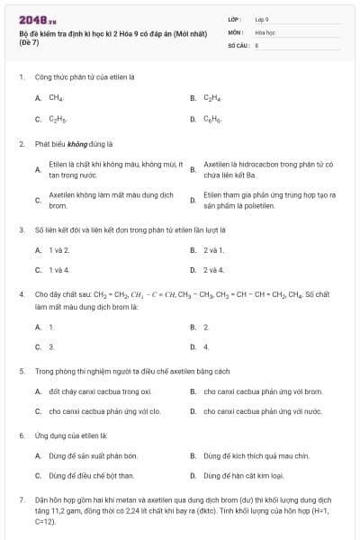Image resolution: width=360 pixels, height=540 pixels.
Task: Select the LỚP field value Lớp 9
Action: point(262,19)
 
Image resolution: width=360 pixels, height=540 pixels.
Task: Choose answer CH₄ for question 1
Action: point(56,97)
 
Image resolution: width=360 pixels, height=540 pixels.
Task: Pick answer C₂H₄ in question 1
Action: point(212,97)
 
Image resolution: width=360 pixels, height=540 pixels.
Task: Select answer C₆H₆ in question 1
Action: point(212,119)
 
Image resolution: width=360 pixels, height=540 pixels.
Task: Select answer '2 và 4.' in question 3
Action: point(214,270)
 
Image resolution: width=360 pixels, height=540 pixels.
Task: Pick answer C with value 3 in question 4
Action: point(51,346)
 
